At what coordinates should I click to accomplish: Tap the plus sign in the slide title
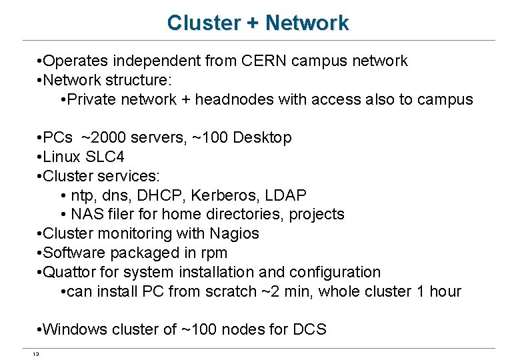(x=253, y=23)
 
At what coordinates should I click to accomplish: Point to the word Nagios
(x=235, y=234)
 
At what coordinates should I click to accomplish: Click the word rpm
(x=215, y=253)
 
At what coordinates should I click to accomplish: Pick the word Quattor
(x=68, y=272)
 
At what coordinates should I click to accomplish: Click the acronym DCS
(x=309, y=329)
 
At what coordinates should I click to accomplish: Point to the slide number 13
(x=36, y=354)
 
